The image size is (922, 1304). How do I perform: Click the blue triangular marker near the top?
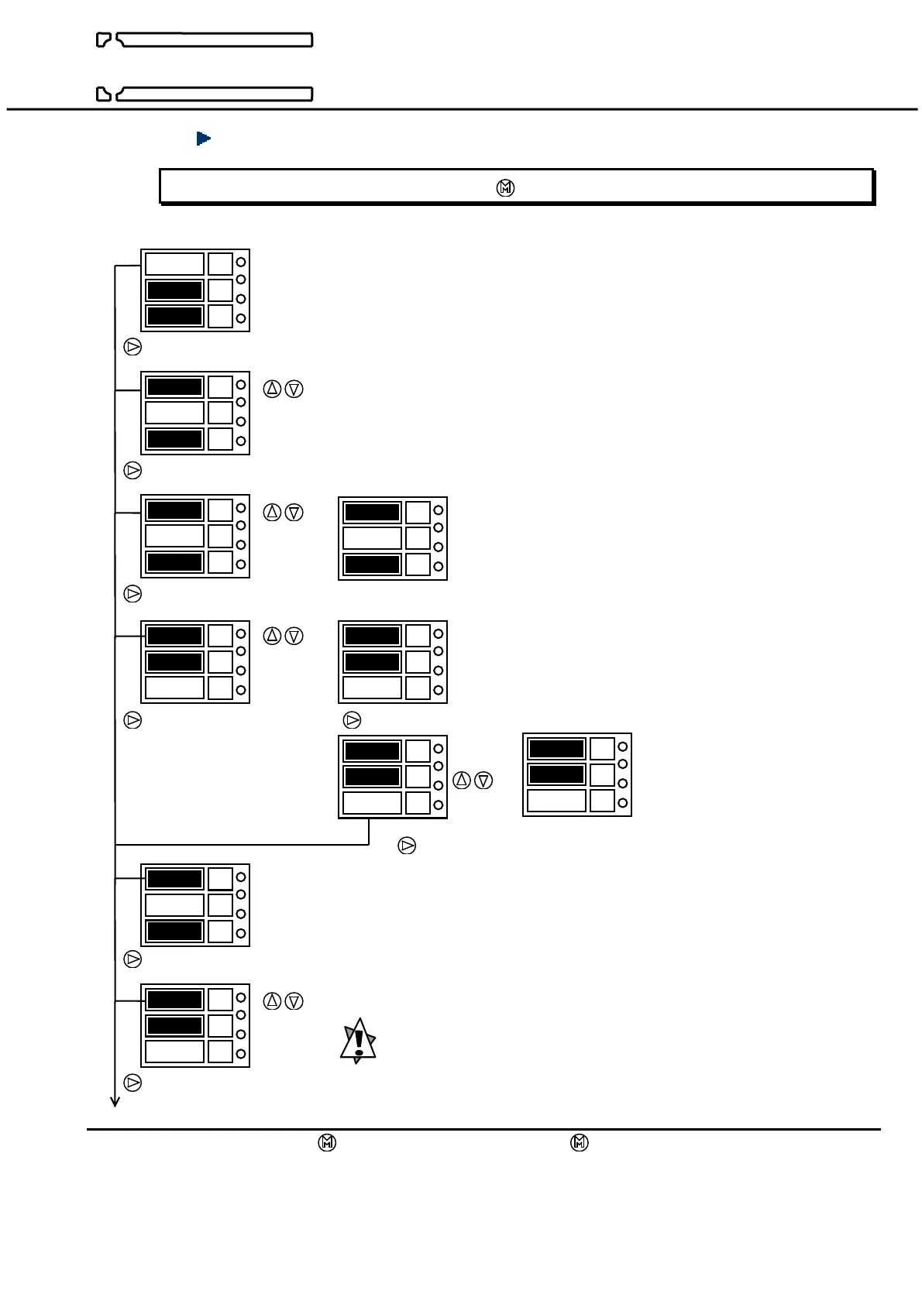204,139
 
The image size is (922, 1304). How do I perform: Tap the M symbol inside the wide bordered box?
505,188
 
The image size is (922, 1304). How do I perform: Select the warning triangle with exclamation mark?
358,1041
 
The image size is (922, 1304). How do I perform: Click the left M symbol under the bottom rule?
327,1143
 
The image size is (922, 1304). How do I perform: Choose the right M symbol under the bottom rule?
580,1143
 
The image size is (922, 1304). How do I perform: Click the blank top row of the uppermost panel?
174,263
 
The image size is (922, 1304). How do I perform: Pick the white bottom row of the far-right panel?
556,801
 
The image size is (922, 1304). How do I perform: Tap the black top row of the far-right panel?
556,749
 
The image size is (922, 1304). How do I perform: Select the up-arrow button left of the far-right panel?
462,781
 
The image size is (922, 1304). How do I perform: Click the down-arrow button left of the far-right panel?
483,781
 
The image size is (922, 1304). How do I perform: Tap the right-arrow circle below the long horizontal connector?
407,846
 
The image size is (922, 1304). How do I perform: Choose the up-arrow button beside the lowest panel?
272,1001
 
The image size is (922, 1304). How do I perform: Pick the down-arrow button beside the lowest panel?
294,1001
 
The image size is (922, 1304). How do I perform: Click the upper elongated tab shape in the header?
205,40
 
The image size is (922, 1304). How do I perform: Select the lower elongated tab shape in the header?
205,94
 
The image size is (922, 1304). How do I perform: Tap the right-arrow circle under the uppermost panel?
133,347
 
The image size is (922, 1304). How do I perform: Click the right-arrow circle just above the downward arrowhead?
133,1083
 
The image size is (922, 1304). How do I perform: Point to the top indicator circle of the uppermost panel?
241,262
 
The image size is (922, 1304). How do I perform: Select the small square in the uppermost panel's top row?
220,263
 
